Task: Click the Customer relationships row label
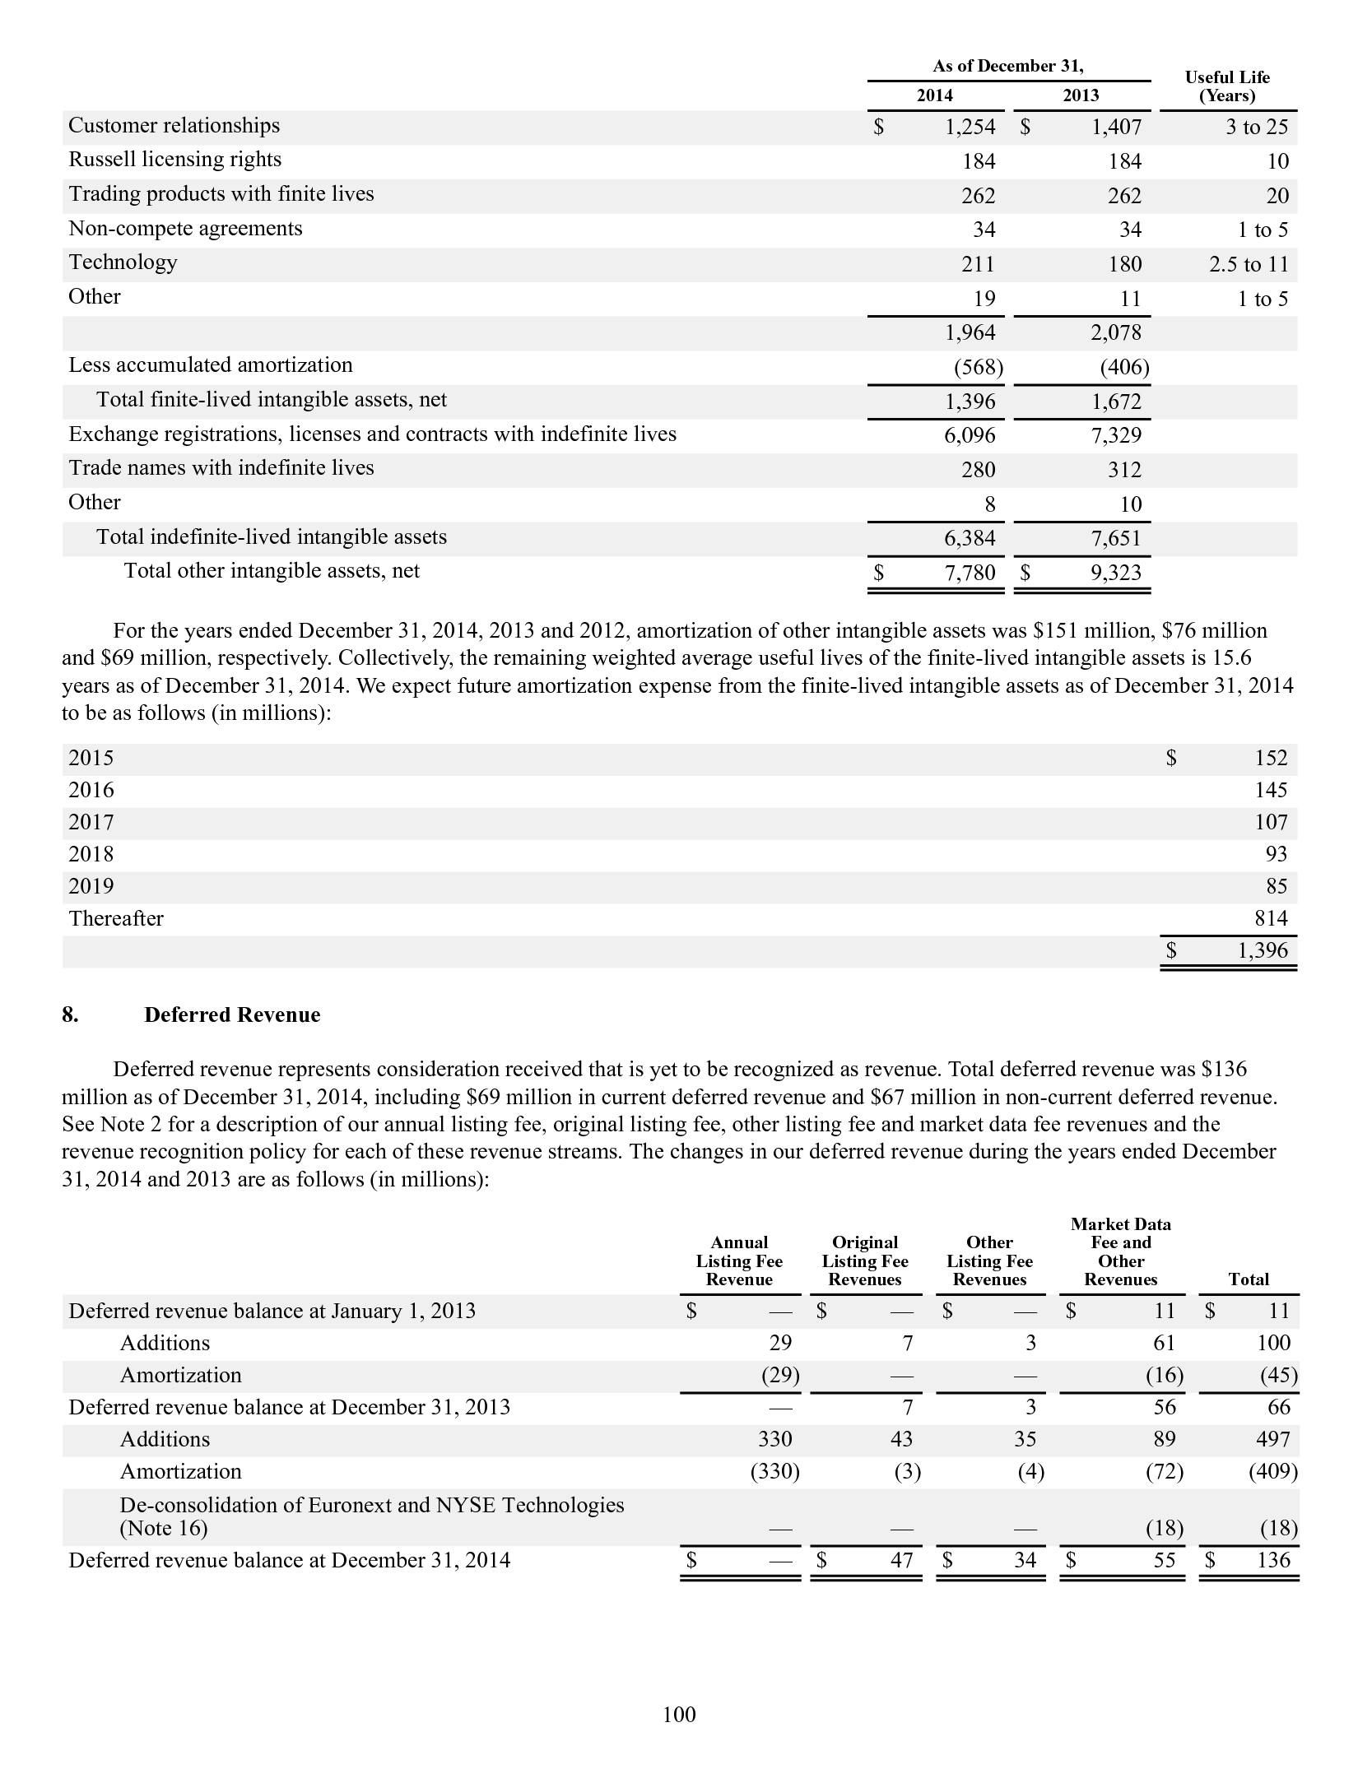pyautogui.click(x=174, y=126)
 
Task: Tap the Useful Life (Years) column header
pyautogui.click(x=1226, y=86)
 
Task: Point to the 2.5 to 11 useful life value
pyautogui.click(x=1248, y=264)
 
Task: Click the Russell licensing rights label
pyautogui.click(x=174, y=160)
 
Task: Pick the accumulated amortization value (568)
pyautogui.click(x=978, y=367)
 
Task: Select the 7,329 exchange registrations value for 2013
pyautogui.click(x=1116, y=435)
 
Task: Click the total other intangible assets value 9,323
pyautogui.click(x=1116, y=573)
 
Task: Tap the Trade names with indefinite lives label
pyautogui.click(x=221, y=468)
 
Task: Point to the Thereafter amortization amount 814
pyautogui.click(x=1271, y=918)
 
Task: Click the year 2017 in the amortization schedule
pyautogui.click(x=91, y=822)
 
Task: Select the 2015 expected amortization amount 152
pyautogui.click(x=1271, y=758)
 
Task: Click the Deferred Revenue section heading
pyautogui.click(x=232, y=1015)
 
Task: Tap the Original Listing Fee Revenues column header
pyautogui.click(x=864, y=1261)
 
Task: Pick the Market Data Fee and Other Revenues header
pyautogui.click(x=1120, y=1251)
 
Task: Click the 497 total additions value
pyautogui.click(x=1273, y=1439)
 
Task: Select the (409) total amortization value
pyautogui.click(x=1273, y=1471)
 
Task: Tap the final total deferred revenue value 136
pyautogui.click(x=1273, y=1560)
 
